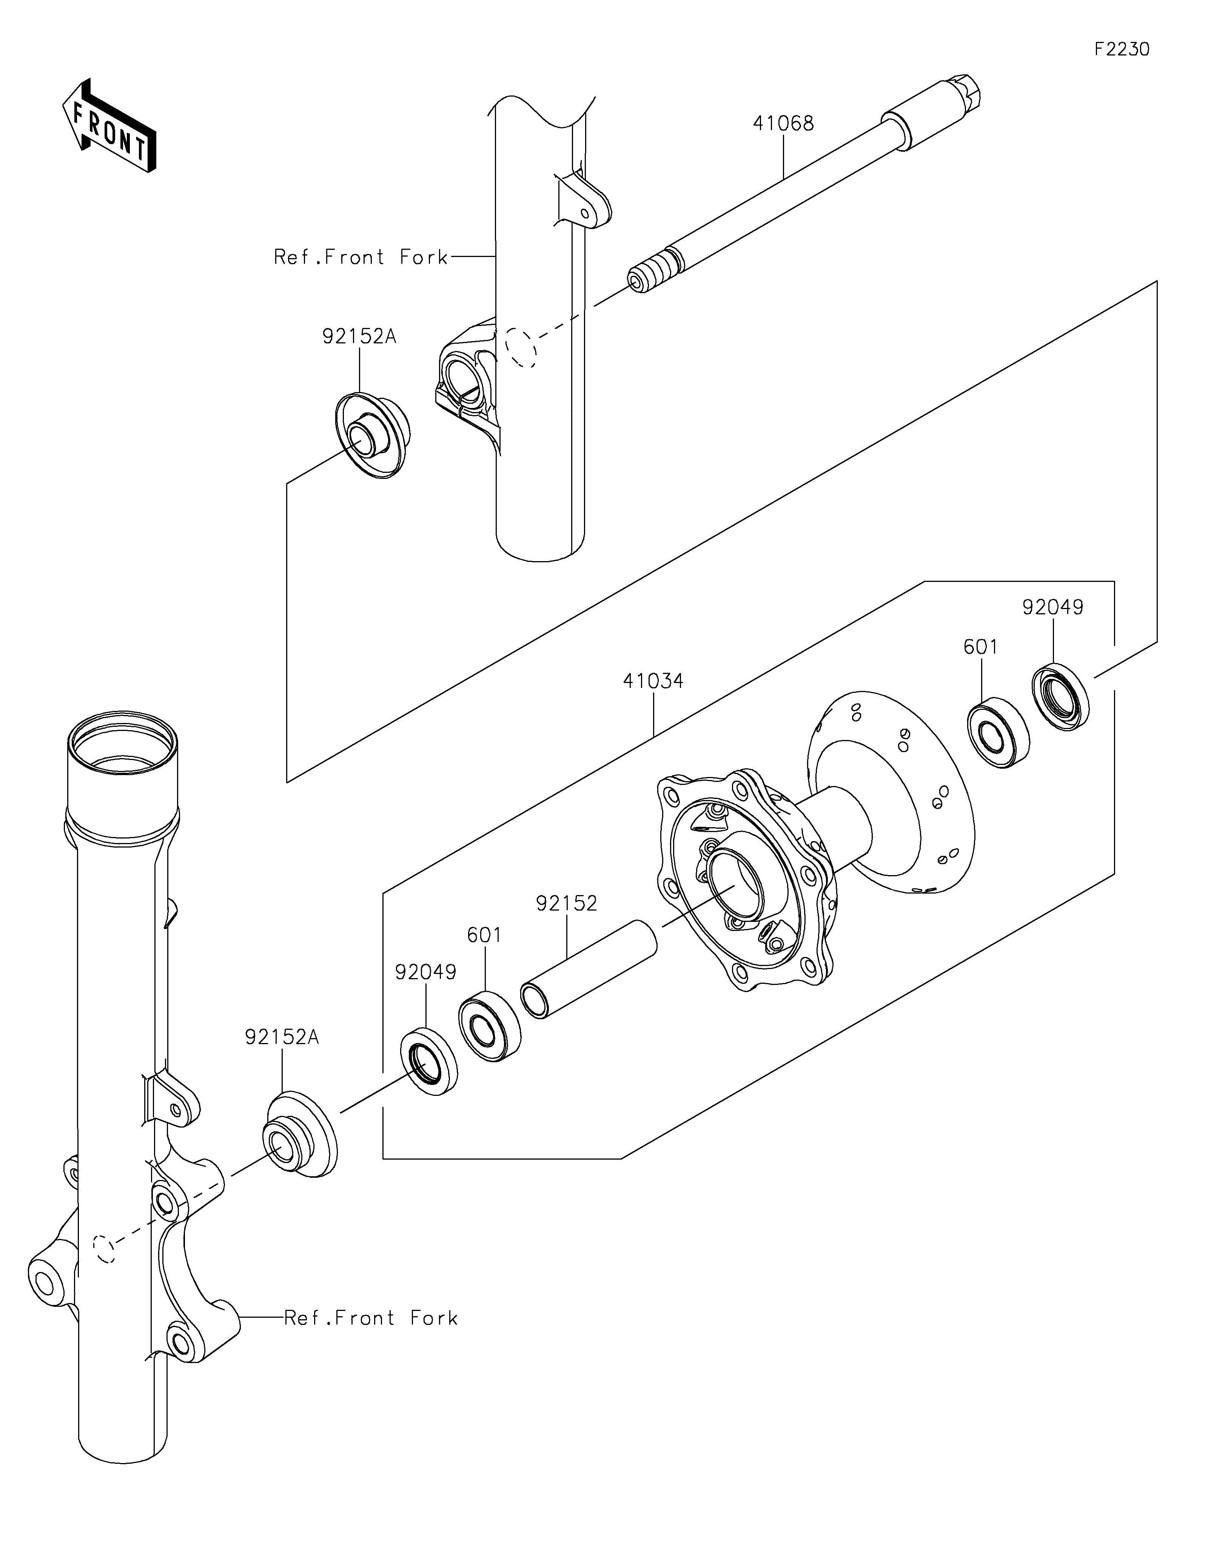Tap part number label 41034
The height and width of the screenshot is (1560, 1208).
pyautogui.click(x=653, y=682)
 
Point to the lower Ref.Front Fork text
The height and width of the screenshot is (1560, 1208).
pyautogui.click(x=371, y=1318)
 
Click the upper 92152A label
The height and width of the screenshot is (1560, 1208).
pyautogui.click(x=359, y=337)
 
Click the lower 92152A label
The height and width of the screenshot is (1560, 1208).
pyautogui.click(x=282, y=1037)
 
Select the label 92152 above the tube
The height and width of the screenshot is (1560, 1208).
pyautogui.click(x=567, y=903)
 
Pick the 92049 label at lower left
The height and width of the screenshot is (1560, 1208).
pyautogui.click(x=426, y=972)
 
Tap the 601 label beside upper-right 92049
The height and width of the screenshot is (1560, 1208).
pyautogui.click(x=981, y=647)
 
